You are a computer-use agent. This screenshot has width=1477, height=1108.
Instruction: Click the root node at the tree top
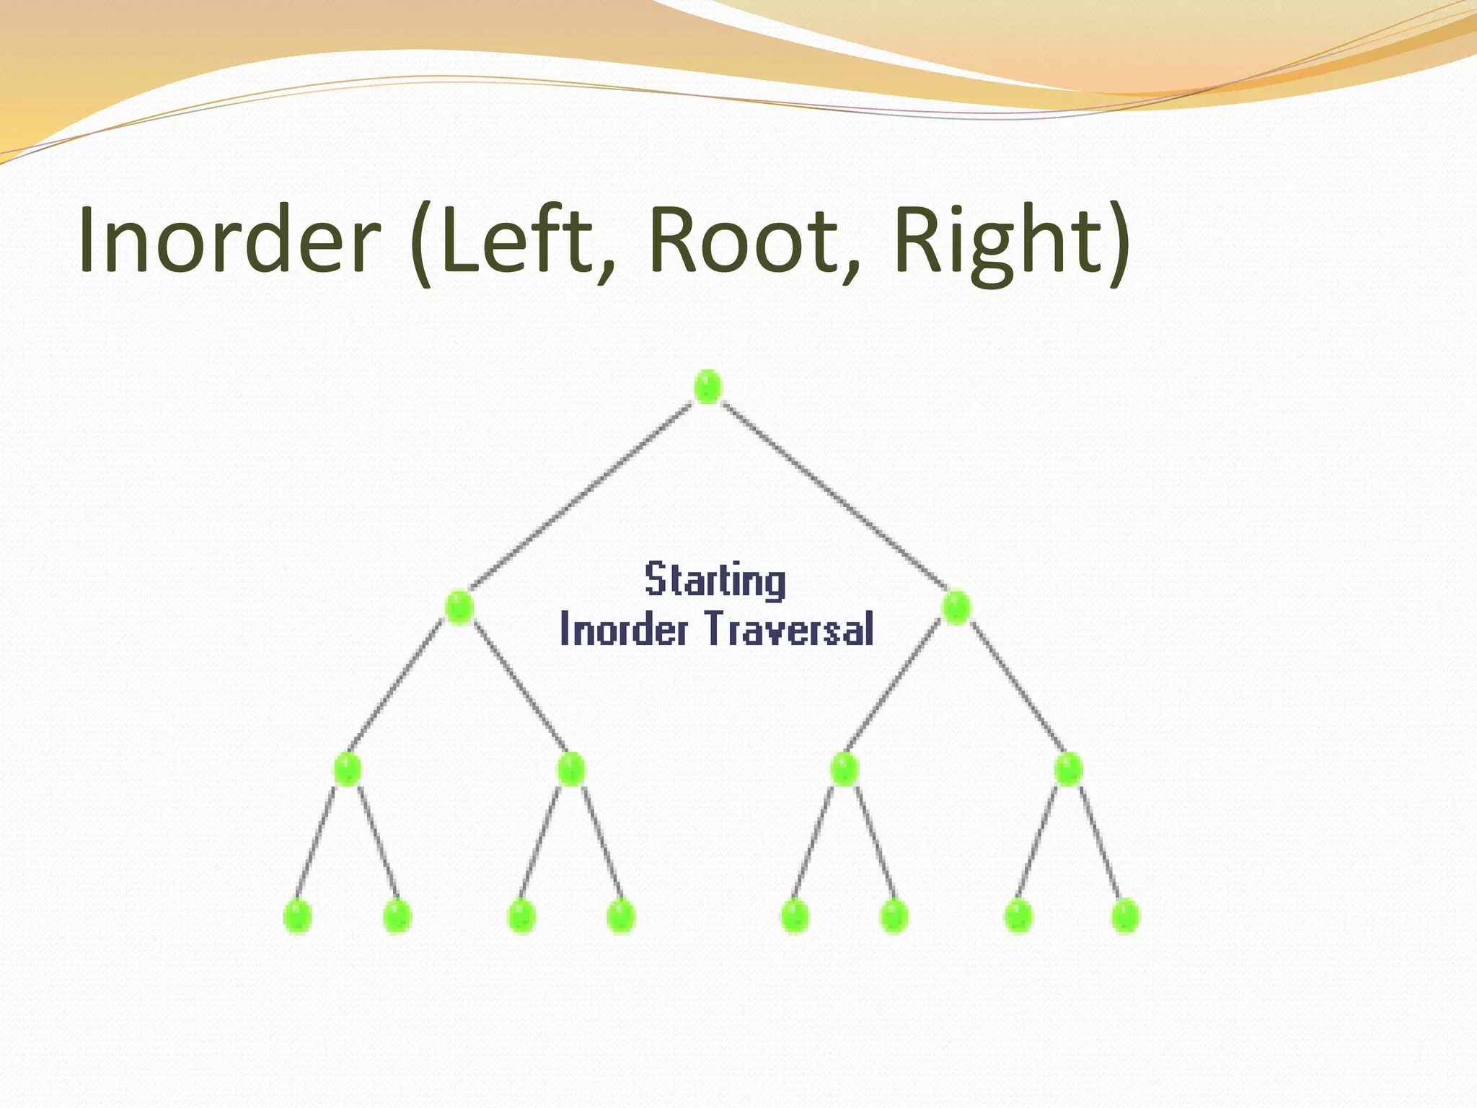pos(707,387)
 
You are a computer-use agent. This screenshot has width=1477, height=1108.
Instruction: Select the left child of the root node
pos(459,607)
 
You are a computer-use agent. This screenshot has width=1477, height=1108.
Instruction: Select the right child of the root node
pos(956,607)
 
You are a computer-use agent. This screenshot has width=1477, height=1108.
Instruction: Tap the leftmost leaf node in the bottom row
pos(298,917)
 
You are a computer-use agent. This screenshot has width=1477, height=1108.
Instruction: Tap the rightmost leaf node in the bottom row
pos(1125,917)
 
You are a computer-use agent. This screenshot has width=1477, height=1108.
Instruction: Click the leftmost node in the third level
pos(347,769)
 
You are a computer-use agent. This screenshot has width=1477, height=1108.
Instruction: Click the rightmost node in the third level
pos(1068,769)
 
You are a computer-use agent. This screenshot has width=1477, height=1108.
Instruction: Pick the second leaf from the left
pos(397,917)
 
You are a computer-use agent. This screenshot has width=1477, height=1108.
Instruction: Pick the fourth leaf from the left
pos(621,917)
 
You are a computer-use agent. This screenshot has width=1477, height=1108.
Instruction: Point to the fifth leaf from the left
pos(795,917)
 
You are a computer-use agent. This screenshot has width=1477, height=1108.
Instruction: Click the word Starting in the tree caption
pos(715,581)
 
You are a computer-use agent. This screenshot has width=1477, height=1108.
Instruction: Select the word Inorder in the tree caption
pos(624,628)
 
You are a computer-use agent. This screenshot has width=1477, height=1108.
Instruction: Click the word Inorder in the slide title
pos(229,239)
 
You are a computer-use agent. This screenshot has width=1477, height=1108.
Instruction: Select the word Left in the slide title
pos(518,239)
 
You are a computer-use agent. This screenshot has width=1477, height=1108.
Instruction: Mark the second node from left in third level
pos(570,769)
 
